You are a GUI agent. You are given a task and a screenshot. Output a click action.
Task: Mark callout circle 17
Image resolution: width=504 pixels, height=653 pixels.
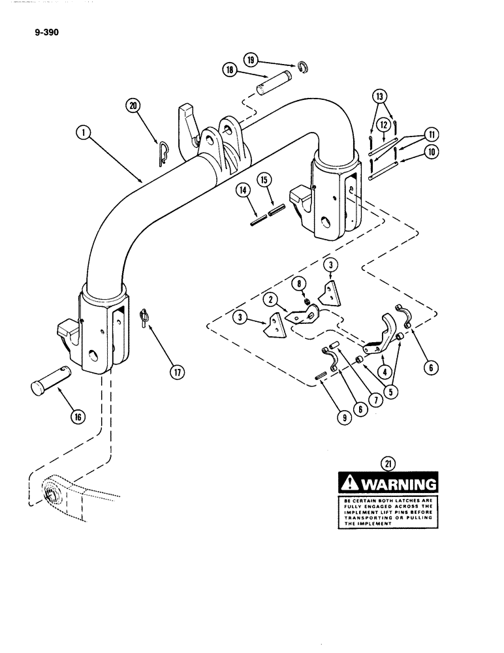[176, 373]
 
